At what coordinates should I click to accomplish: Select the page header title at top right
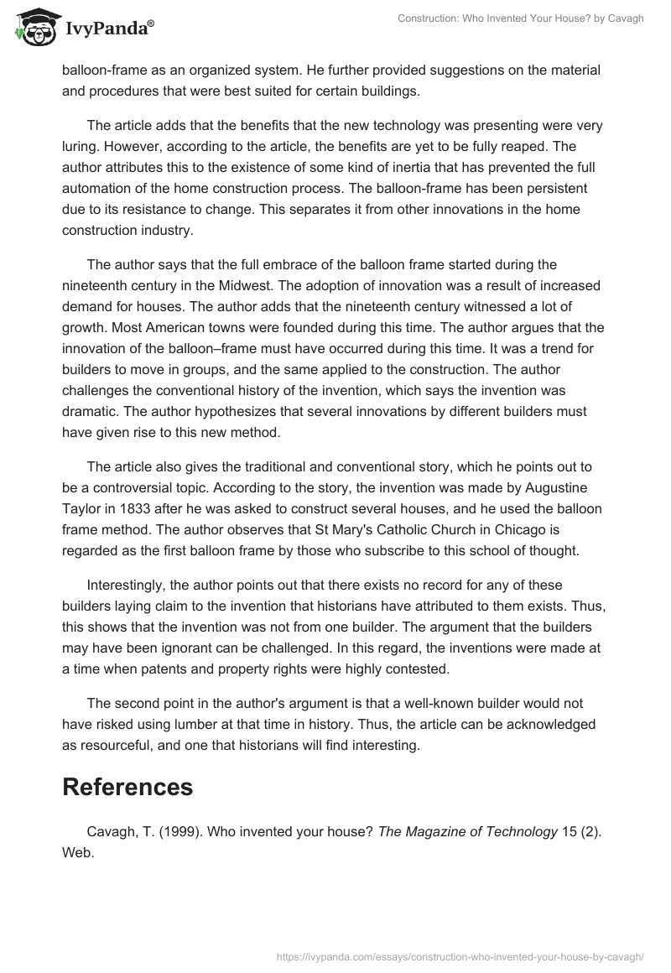pyautogui.click(x=520, y=18)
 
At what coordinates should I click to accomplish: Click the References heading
pyautogui.click(x=127, y=786)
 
